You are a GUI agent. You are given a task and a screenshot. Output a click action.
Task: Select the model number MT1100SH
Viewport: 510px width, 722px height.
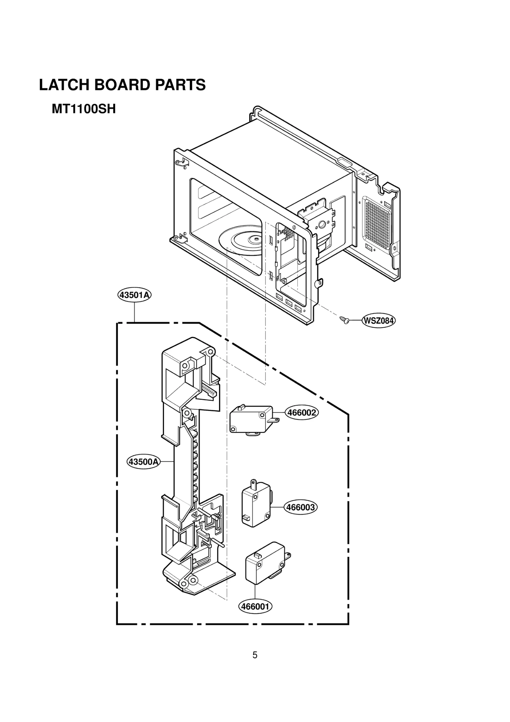pos(84,109)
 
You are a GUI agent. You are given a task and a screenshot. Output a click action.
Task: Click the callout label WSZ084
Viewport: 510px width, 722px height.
pos(378,320)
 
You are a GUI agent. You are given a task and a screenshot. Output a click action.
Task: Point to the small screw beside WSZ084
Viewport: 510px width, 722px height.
pos(344,319)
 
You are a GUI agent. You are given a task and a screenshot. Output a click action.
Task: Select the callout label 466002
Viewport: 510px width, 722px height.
pos(302,413)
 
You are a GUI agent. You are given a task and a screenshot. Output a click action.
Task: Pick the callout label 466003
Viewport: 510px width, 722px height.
pos(301,507)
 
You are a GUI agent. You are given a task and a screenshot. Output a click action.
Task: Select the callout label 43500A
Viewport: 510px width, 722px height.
pos(143,461)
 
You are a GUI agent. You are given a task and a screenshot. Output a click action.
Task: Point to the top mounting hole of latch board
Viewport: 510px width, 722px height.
pos(210,352)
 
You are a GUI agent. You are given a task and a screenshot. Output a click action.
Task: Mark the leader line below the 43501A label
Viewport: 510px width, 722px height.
pos(135,312)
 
